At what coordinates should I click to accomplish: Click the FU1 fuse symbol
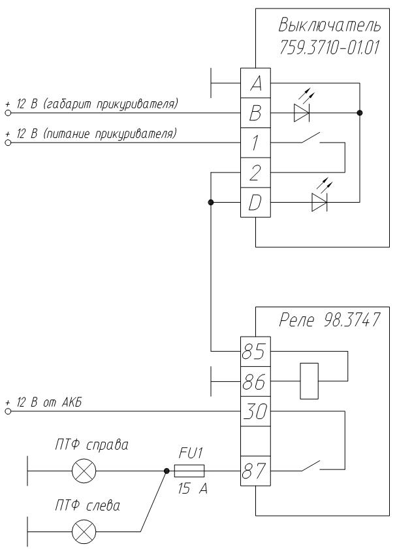point(190,470)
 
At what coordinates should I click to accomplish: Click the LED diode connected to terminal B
point(301,114)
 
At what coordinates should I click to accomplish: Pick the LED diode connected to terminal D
point(320,203)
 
